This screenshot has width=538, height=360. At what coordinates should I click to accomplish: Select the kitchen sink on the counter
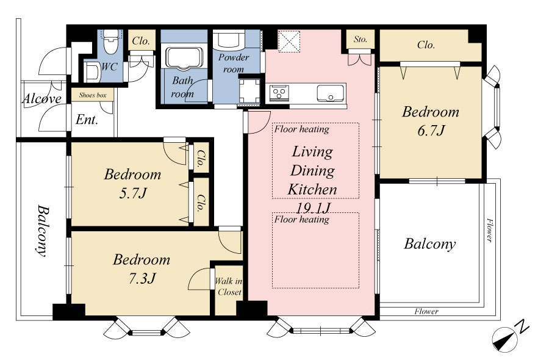click(330, 93)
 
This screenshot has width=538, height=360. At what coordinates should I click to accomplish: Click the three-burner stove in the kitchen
click(279, 93)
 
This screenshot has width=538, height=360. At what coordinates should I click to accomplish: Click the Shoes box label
click(93, 95)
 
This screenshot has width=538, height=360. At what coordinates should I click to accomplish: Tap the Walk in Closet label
click(229, 287)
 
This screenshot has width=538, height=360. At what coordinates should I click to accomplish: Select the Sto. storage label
click(360, 39)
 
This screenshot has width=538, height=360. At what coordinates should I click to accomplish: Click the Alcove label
click(42, 99)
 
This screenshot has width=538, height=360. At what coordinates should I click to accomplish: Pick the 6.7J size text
click(431, 131)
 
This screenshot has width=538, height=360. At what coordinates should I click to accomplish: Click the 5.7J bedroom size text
click(133, 193)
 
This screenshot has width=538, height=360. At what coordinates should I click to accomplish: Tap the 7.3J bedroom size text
click(142, 278)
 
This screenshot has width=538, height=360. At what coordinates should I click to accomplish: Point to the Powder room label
click(234, 63)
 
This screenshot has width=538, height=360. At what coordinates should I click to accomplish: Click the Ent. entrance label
click(87, 120)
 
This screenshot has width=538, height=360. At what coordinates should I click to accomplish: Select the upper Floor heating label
click(301, 129)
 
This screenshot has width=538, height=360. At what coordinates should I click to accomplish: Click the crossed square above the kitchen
click(289, 41)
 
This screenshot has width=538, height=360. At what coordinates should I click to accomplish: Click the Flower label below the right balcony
click(426, 311)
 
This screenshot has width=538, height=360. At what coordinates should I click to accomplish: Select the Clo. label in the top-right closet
click(426, 45)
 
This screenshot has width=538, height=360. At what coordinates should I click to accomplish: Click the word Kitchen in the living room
click(312, 189)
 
